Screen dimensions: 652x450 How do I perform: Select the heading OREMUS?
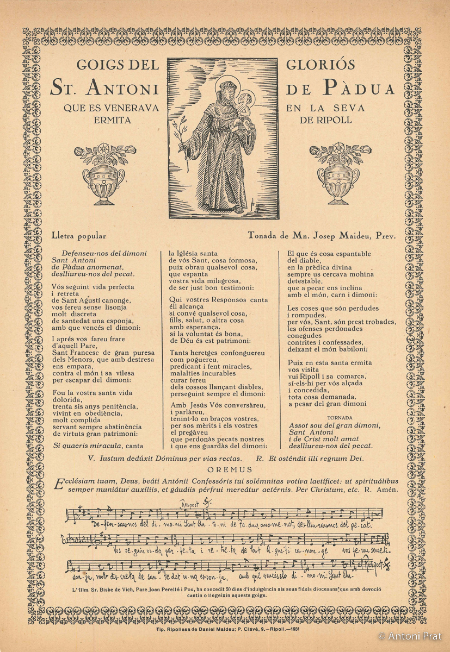pos(230,469)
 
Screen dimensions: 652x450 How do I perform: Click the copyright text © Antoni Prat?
pos(411,635)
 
